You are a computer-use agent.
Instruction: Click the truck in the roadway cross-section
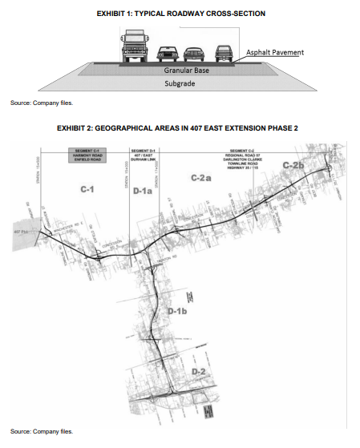[x=135, y=46]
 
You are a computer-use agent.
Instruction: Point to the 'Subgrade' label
[x=180, y=83]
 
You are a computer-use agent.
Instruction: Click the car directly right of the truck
[x=168, y=53]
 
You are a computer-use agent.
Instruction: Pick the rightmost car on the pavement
[x=224, y=53]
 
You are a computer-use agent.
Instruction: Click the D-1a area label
[x=144, y=192]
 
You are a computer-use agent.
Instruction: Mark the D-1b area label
[x=176, y=310]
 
